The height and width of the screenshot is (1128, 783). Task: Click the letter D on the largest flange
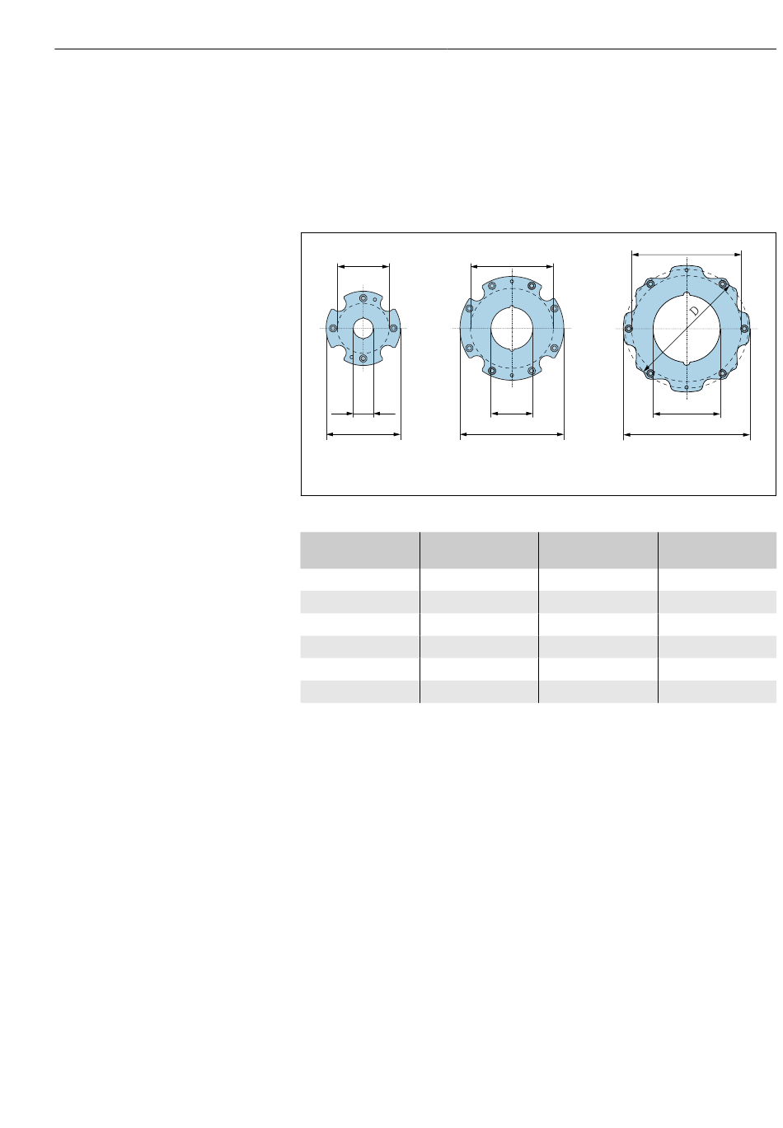(694, 310)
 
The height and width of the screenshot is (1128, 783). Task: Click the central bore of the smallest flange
(363, 328)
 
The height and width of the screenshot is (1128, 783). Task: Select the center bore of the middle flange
(511, 328)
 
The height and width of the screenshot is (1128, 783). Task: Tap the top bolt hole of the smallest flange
(363, 298)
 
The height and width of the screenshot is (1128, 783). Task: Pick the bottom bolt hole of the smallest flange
(363, 358)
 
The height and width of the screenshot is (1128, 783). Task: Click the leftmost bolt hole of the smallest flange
(332, 328)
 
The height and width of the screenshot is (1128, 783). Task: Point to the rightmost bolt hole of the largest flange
(743, 329)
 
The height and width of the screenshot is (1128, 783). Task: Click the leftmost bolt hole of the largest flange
(628, 329)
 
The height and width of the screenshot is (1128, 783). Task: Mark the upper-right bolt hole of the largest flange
(722, 284)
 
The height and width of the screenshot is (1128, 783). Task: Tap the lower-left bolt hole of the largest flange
(650, 373)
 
